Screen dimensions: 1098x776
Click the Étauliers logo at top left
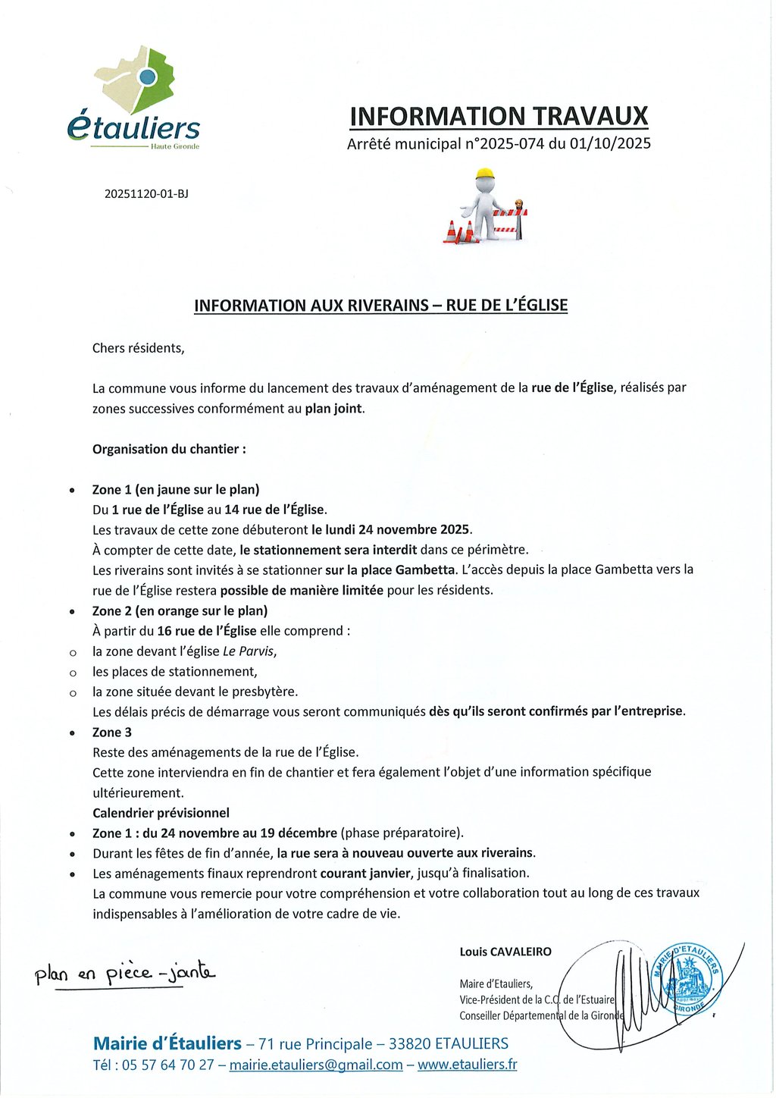pyautogui.click(x=134, y=99)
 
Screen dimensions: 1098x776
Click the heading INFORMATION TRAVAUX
pyautogui.click(x=499, y=116)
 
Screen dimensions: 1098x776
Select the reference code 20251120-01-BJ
pyautogui.click(x=146, y=193)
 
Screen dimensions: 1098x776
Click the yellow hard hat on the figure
pyautogui.click(x=485, y=175)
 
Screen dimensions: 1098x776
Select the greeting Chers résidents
pyautogui.click(x=138, y=348)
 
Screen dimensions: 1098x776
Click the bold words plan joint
pyautogui.click(x=334, y=409)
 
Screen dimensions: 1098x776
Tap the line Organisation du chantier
pyautogui.click(x=169, y=449)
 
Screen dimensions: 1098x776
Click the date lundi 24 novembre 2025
pyautogui.click(x=391, y=529)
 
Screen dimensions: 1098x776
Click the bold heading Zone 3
pyautogui.click(x=112, y=732)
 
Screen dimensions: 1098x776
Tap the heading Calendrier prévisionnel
pyautogui.click(x=161, y=813)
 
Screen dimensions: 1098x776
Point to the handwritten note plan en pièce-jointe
pyautogui.click(x=125, y=974)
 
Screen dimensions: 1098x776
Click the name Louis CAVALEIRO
pyautogui.click(x=505, y=952)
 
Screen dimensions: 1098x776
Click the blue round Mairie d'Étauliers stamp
pyautogui.click(x=691, y=979)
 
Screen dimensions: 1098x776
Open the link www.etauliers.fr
pyautogui.click(x=467, y=1065)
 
